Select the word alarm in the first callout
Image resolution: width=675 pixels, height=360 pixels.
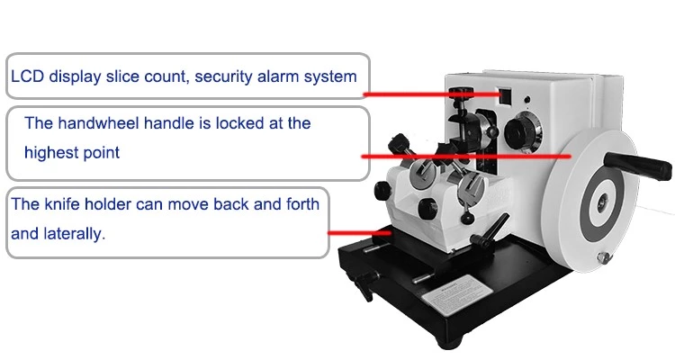pyautogui.click(x=278, y=76)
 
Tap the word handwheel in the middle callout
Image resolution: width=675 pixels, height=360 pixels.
pyautogui.click(x=99, y=123)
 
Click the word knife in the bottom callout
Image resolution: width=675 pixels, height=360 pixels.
pyautogui.click(x=62, y=203)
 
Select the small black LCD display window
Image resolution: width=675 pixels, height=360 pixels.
pyautogui.click(x=505, y=96)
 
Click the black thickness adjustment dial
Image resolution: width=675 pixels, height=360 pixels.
pyautogui.click(x=522, y=132)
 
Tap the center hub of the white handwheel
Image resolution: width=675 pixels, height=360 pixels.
pyautogui.click(x=603, y=202)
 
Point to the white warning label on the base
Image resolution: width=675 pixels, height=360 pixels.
pyautogui.click(x=456, y=294)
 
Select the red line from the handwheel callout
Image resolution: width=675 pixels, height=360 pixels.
pyautogui.click(x=466, y=157)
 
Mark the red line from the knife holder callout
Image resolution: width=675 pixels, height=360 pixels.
pyautogui.click(x=359, y=233)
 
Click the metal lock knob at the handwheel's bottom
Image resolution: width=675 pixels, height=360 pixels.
pyautogui.click(x=604, y=257)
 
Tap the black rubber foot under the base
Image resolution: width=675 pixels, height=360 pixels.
pyautogui.click(x=450, y=342)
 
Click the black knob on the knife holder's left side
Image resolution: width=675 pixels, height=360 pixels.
pyautogui.click(x=382, y=190)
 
